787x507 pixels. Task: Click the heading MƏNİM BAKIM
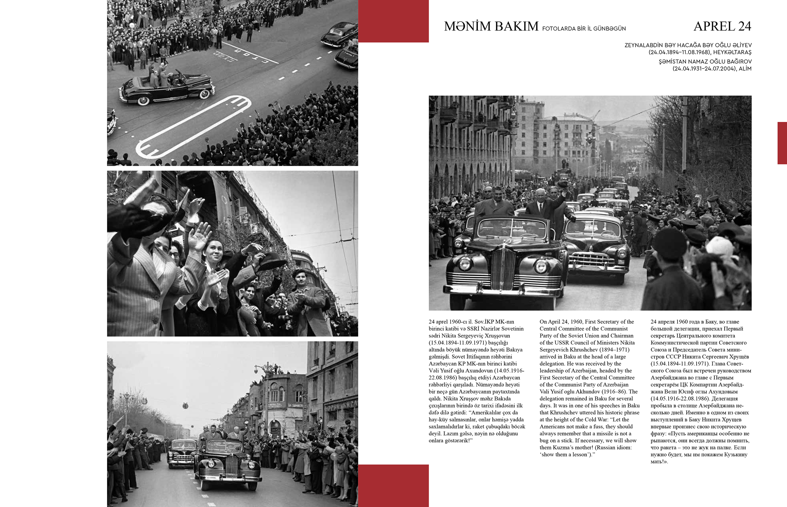point(491,26)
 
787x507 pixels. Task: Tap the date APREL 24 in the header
point(722,26)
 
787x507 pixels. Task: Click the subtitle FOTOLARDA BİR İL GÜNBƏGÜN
point(584,29)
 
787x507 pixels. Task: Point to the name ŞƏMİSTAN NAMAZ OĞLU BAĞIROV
point(705,61)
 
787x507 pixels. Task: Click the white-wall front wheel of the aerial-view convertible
point(143,100)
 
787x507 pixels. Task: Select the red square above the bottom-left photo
point(393,485)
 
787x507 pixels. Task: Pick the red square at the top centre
point(393,21)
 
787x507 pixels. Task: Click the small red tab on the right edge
point(782,143)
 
